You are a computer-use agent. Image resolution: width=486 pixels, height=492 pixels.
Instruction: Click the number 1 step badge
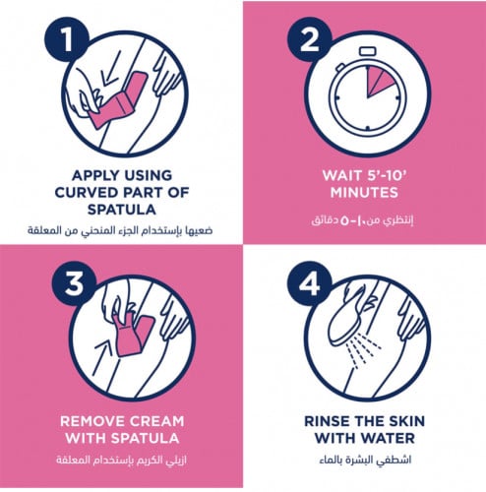[x=67, y=39]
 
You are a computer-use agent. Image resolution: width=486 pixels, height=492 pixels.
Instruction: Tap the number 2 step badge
[x=310, y=39]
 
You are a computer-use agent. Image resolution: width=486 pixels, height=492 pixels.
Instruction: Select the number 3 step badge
[x=74, y=283]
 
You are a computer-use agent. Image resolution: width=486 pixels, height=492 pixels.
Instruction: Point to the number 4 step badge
[x=310, y=283]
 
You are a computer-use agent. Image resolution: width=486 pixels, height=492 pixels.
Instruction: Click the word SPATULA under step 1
[x=122, y=210]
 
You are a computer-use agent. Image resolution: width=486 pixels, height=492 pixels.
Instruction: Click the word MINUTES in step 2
[x=364, y=193]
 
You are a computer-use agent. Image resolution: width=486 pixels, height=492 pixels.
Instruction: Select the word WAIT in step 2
[x=342, y=175]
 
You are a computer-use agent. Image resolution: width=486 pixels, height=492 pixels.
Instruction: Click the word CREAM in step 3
[x=156, y=421]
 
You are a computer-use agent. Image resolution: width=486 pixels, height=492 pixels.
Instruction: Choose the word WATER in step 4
[x=389, y=438]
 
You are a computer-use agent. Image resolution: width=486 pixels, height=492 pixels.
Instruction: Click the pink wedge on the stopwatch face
[x=379, y=81]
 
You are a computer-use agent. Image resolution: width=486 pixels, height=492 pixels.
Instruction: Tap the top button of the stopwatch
[x=368, y=51]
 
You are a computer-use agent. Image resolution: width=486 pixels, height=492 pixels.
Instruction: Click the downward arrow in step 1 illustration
[x=110, y=68]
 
